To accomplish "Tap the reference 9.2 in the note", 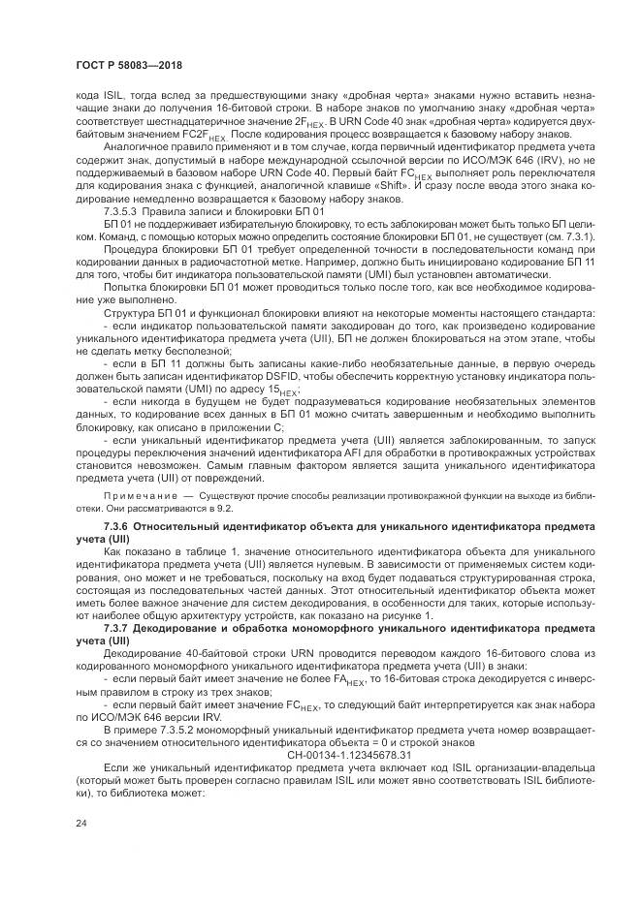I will [225, 508].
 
